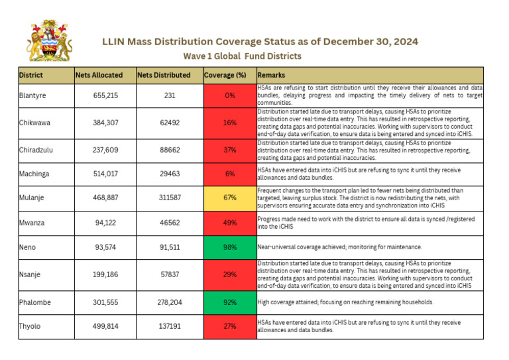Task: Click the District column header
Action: tap(31, 75)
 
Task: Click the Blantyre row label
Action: tap(34, 95)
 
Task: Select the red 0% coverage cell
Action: tap(229, 95)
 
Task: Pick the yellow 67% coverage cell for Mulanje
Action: tap(229, 198)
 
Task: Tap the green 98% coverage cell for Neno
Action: tap(229, 247)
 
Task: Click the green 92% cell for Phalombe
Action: tap(229, 302)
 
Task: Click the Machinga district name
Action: tap(36, 174)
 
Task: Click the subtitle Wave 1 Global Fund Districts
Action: tap(242, 56)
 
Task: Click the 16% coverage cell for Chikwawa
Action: tap(229, 123)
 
